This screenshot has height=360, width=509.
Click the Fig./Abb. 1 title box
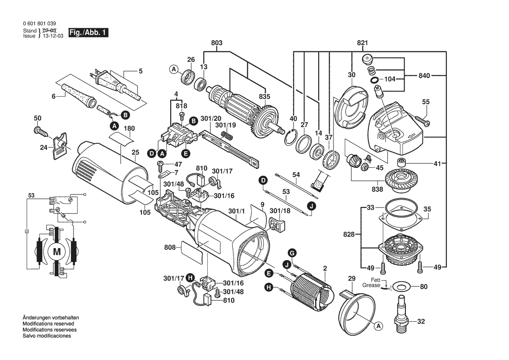coord(86,33)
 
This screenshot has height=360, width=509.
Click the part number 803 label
coord(216,43)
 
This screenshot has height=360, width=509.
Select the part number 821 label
coord(362,43)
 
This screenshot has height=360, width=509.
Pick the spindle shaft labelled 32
coord(402,311)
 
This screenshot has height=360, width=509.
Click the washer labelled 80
coord(401,287)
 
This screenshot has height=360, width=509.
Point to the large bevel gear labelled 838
coord(399,178)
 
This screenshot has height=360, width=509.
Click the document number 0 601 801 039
coord(39,24)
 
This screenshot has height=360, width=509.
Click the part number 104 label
coord(390,80)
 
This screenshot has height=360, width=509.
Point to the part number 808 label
coord(169,248)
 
